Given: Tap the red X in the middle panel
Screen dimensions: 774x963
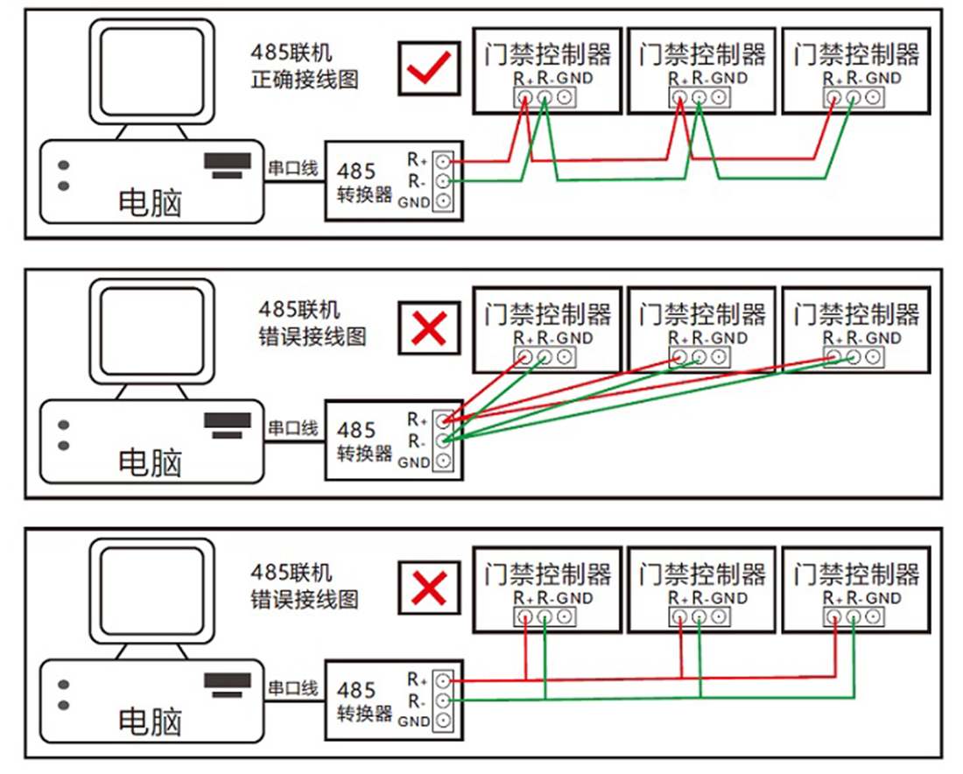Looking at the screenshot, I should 428,328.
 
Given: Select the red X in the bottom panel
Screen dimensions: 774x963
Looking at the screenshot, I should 428,588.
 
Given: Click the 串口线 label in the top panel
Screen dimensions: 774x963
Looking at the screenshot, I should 292,166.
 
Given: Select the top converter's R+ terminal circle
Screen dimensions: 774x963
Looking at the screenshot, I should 444,161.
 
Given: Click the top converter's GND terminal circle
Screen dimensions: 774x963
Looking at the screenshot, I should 444,201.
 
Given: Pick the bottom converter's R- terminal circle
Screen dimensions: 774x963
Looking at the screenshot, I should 444,700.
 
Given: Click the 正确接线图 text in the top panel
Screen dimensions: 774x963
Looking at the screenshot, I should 305,81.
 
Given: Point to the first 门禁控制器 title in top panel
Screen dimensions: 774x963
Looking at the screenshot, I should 548,54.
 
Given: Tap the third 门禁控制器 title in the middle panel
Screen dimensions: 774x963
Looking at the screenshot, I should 856,313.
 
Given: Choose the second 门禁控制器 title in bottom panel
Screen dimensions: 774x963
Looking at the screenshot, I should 702,574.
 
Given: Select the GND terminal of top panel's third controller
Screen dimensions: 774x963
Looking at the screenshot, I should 873,97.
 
